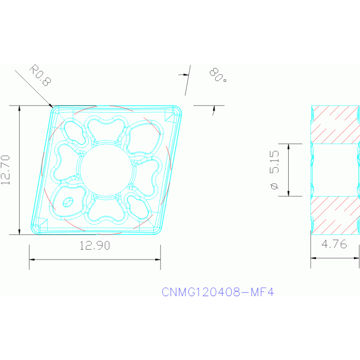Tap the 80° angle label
[x=217, y=75]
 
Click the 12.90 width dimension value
[x=95, y=245]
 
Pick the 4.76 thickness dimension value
[x=334, y=245]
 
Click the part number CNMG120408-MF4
[x=217, y=292]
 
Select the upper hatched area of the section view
[x=334, y=123]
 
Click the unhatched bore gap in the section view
[x=334, y=169]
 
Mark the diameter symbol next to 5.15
[x=275, y=187]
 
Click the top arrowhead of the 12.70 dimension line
[x=19, y=107]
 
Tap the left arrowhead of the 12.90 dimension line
[x=31, y=259]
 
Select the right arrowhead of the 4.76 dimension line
[x=359, y=257]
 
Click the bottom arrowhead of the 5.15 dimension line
[x=288, y=194]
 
